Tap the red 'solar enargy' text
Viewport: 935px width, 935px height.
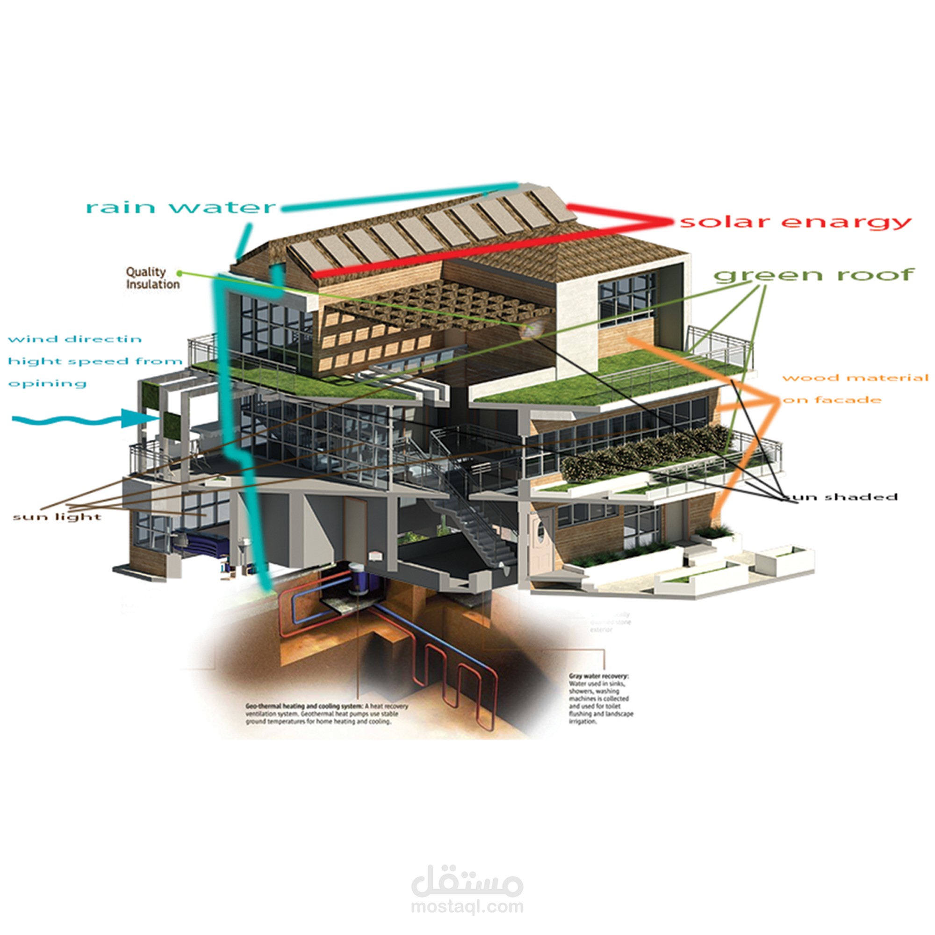coord(795,222)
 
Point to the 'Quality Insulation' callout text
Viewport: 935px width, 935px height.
coord(152,278)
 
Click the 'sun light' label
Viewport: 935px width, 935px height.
coord(57,517)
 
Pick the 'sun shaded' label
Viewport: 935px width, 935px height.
coord(842,496)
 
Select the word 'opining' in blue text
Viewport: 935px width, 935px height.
coord(47,384)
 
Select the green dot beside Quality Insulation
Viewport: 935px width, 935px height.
coord(179,273)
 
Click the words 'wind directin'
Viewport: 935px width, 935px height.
coord(74,339)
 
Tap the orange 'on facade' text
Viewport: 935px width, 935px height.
coord(831,400)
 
